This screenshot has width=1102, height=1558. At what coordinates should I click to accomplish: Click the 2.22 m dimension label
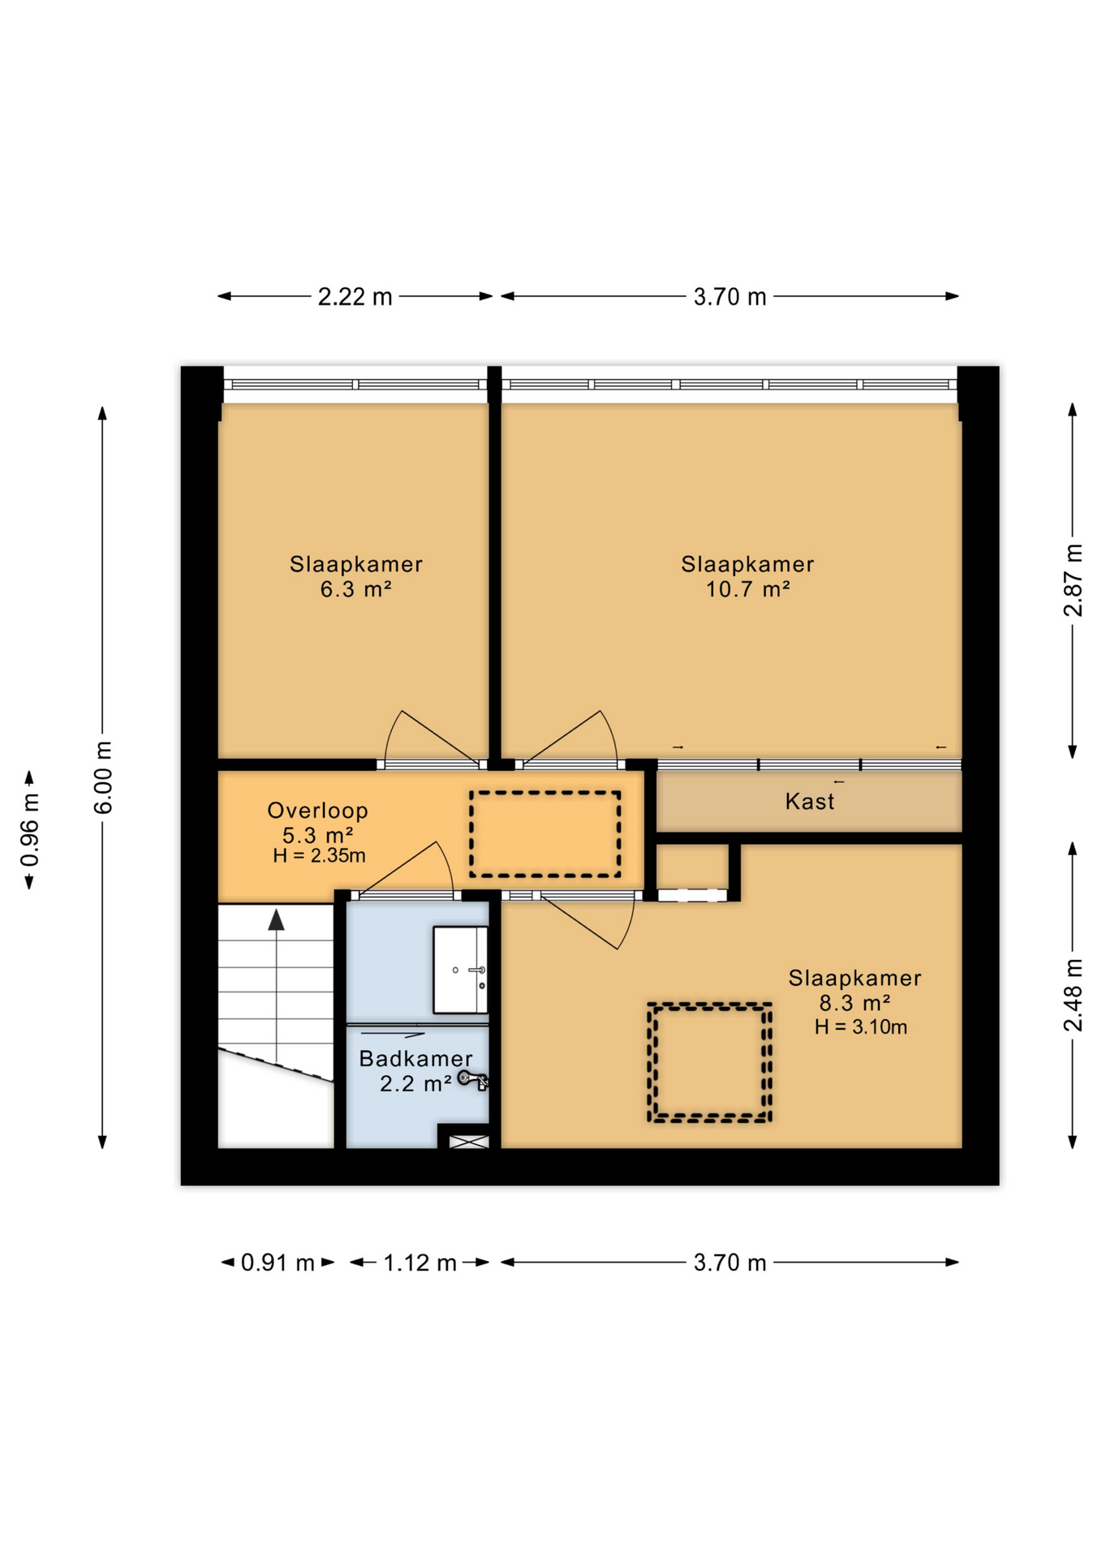355,297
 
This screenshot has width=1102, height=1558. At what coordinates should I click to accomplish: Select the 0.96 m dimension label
30,830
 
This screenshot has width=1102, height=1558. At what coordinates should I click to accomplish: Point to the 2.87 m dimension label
1073,580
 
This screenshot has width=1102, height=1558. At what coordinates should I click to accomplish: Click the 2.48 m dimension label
1073,994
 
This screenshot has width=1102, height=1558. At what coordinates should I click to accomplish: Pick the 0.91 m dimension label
278,1263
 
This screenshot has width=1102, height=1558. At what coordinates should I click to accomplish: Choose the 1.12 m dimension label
420,1263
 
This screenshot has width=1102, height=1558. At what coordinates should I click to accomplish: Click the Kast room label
809,802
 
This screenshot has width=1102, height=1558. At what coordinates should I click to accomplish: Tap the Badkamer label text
415,1058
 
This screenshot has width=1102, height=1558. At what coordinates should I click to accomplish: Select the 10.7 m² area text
747,589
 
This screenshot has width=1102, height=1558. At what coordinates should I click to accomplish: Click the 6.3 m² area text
355,589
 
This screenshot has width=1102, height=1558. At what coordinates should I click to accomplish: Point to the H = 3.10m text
860,1027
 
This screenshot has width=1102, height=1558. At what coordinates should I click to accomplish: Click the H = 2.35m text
319,855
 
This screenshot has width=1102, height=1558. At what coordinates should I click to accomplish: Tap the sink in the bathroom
460,970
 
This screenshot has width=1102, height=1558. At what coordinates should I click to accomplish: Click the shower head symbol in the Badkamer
471,1078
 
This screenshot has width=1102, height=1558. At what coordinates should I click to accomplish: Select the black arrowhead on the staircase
277,919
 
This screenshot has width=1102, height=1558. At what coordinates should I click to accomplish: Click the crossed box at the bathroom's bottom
469,1142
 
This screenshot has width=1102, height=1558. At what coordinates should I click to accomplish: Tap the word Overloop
317,810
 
